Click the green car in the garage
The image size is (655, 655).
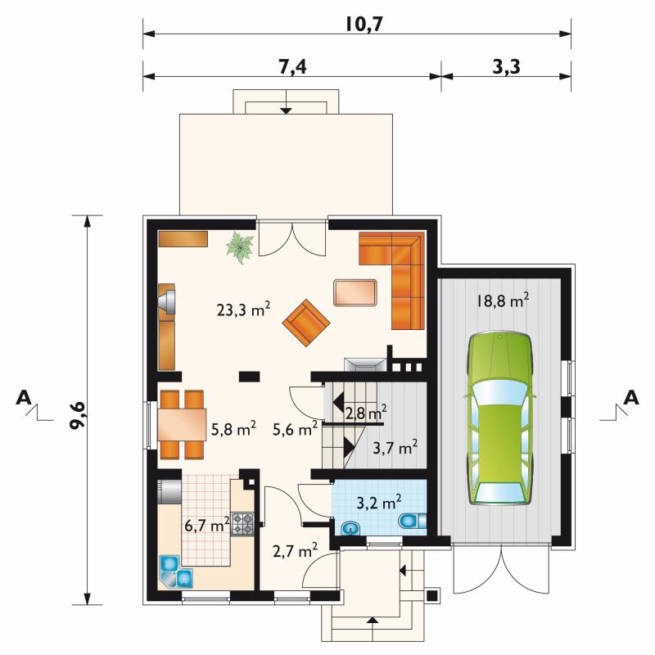point(500,418)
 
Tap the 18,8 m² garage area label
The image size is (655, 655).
point(503,300)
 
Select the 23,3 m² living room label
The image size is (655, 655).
point(243,309)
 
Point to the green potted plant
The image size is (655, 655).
point(240,247)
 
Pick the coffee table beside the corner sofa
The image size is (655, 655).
point(355,293)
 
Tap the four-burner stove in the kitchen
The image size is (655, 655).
point(242,524)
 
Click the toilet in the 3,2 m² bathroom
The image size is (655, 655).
point(413,522)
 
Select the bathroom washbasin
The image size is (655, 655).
point(351,528)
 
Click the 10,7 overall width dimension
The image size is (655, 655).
point(364,25)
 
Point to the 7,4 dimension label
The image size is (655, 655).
point(292,66)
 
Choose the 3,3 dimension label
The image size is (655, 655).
point(506,66)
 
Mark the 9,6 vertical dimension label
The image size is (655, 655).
point(77,415)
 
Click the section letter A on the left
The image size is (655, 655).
point(24,397)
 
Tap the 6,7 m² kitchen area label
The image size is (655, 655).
point(207,524)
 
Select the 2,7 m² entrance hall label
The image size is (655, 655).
point(295,550)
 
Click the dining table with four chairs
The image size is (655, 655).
point(182,424)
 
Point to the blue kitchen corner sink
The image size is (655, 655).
point(176,572)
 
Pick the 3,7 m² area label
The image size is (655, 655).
point(395,447)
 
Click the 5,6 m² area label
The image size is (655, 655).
point(295,428)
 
